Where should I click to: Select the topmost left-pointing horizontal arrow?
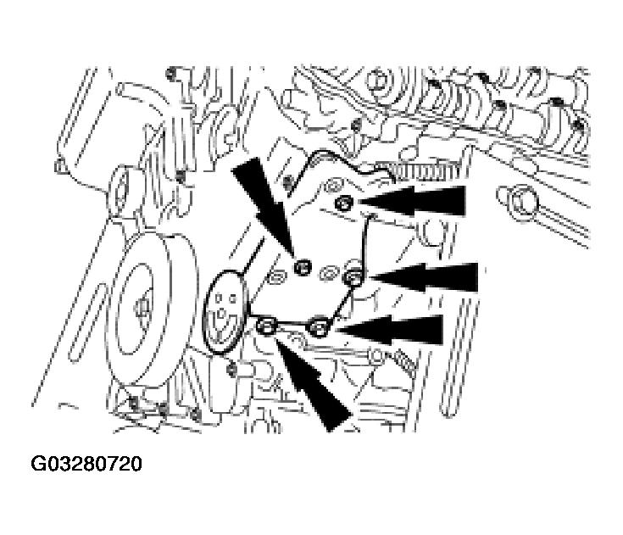pos(412,202)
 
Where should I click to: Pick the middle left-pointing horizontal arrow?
pos(424,277)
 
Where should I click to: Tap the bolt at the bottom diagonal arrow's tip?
pos(265,326)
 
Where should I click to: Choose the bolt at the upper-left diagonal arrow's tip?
pos(303,266)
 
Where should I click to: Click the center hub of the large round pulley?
pos(140,308)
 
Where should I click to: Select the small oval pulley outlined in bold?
pos(226,312)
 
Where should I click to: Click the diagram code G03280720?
pos(86,464)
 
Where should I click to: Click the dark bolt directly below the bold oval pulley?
pos(231,370)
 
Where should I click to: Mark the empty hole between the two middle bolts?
pos(328,274)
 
